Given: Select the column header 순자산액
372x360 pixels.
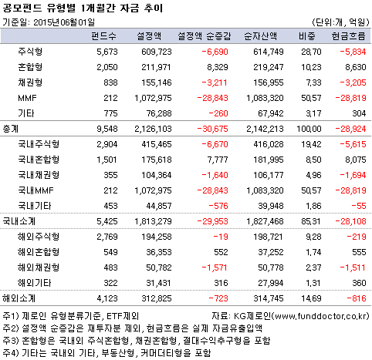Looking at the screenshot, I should pos(262,35).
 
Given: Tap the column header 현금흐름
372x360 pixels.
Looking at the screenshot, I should pos(347,35).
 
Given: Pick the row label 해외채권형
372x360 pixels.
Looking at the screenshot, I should pos(39,267).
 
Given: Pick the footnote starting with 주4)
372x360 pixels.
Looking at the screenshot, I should pos(108,352).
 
